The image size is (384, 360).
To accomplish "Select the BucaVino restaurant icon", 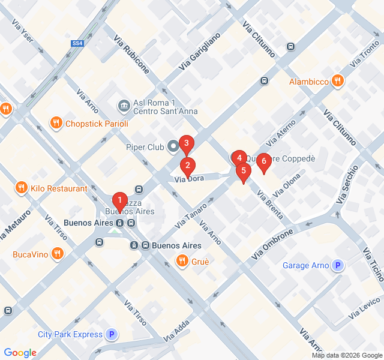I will click(x=58, y=254).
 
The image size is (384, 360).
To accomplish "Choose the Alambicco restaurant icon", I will click(x=338, y=81).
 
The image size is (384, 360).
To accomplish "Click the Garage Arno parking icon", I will click(x=338, y=265).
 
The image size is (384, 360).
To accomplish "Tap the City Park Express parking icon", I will click(x=111, y=334).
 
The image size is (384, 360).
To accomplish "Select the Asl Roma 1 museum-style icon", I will click(x=124, y=106).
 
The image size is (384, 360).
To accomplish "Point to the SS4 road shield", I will click(x=77, y=43).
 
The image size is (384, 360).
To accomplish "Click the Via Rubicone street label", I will click(x=131, y=54).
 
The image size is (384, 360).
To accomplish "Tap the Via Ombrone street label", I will click(x=273, y=243).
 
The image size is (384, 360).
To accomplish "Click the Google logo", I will click(x=20, y=353).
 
